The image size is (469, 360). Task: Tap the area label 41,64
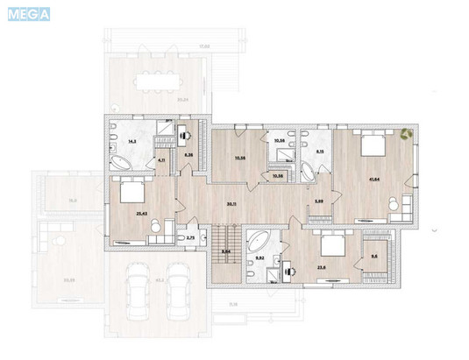(x=374, y=181)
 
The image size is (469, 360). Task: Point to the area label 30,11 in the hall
(x=231, y=204)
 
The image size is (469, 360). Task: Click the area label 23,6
(x=322, y=267)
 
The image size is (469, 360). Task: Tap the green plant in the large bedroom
(x=406, y=134)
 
